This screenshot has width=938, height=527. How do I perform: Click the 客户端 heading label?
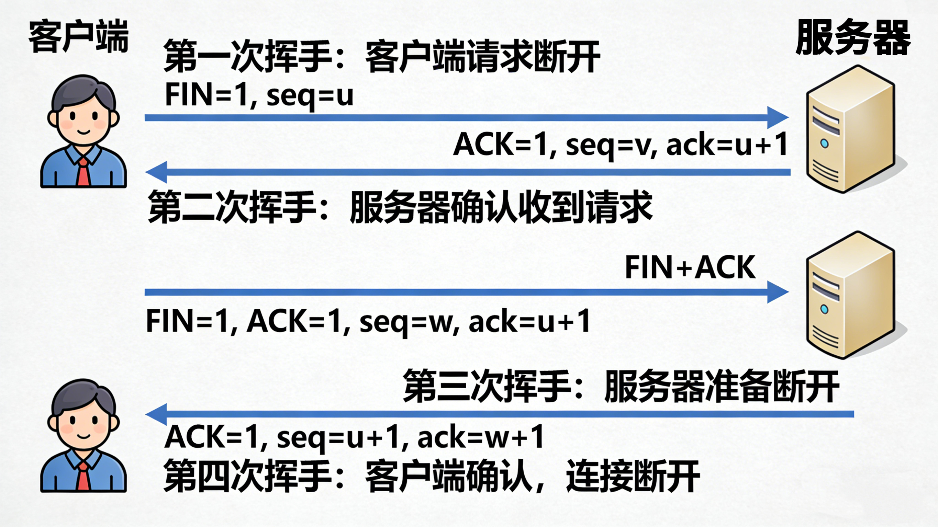pyautogui.click(x=78, y=36)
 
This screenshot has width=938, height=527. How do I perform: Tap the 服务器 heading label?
pyautogui.click(x=852, y=38)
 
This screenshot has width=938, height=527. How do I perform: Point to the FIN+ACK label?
pyautogui.click(x=690, y=267)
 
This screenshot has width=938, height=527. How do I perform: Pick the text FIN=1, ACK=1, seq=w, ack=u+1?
pyautogui.click(x=368, y=321)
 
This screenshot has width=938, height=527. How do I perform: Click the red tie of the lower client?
pyautogui.click(x=83, y=477)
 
